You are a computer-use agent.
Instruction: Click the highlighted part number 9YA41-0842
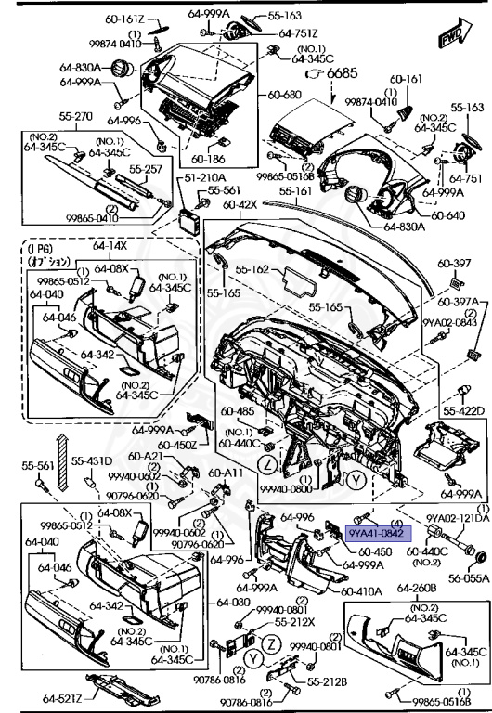point(376,534)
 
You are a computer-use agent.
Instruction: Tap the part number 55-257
point(147,170)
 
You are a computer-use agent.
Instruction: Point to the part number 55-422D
point(464,409)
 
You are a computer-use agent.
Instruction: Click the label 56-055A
point(470,577)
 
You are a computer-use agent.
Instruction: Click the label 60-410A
point(360,590)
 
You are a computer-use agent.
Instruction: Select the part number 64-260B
point(416,588)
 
